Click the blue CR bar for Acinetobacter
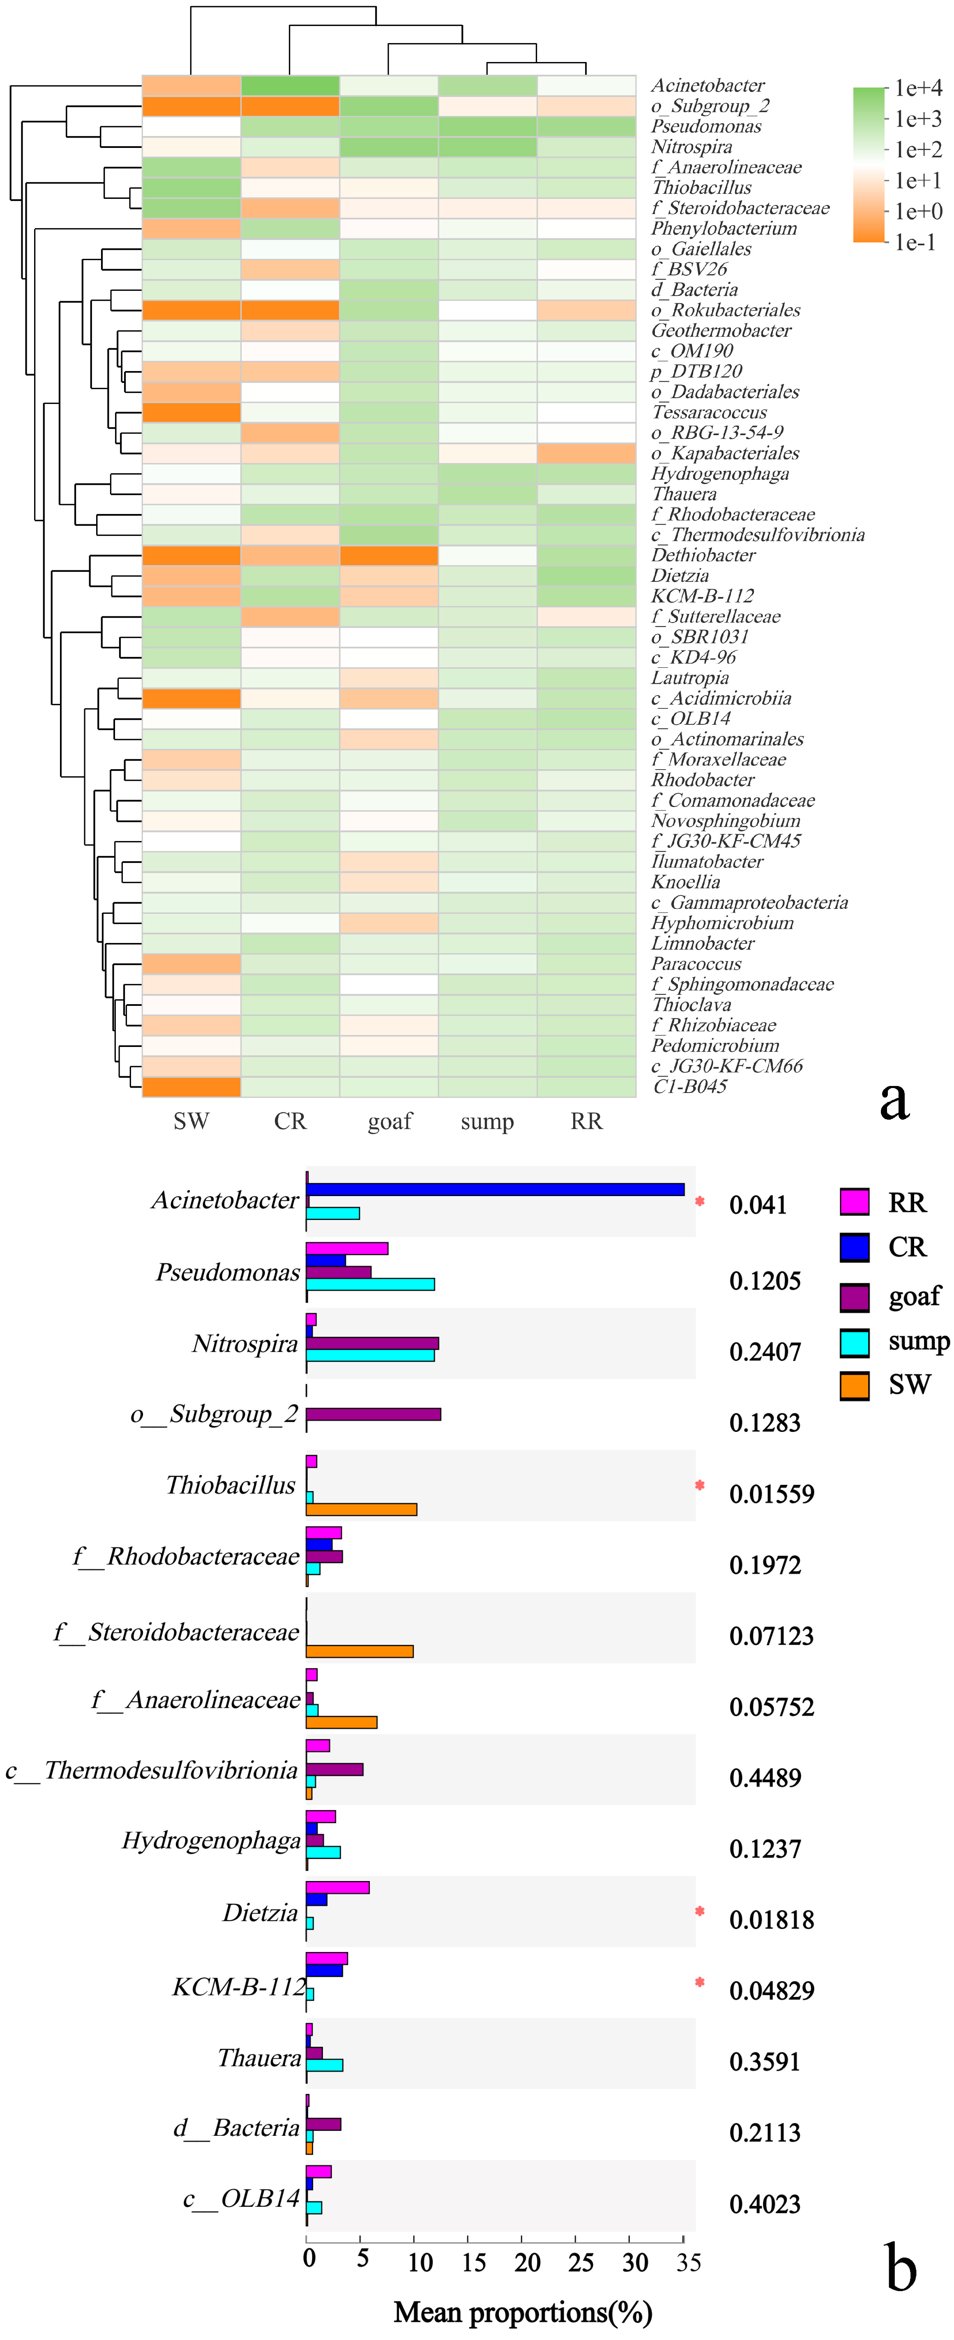pos(495,1189)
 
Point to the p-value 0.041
pos(758,1206)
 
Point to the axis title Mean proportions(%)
pos(523,2312)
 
